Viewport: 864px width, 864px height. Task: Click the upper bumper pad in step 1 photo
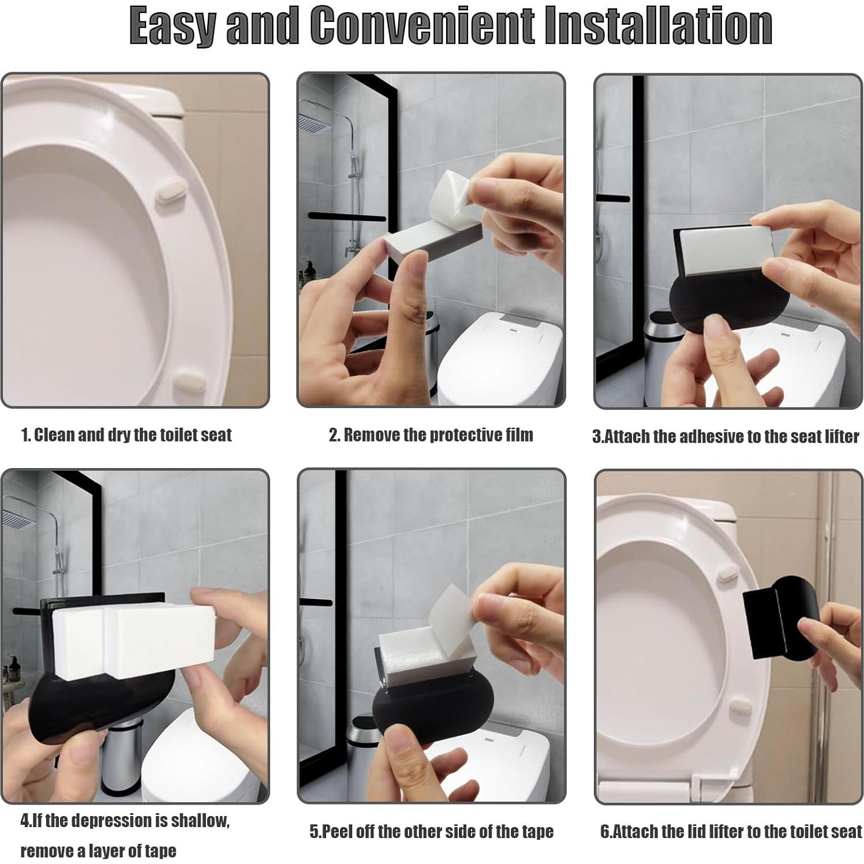click(x=171, y=189)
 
